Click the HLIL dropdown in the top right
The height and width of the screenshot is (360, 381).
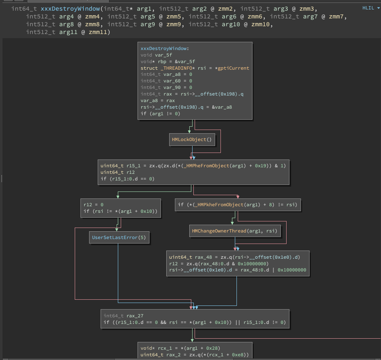(371, 8)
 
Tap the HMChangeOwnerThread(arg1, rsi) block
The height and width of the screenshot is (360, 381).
(234, 231)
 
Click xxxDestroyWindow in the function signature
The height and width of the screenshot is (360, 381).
(66, 9)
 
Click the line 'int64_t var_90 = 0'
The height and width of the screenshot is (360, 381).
(166, 88)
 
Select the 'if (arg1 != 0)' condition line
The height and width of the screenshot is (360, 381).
(160, 114)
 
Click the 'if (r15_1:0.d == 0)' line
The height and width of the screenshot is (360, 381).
(127, 179)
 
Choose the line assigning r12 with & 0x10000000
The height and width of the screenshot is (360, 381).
(218, 264)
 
